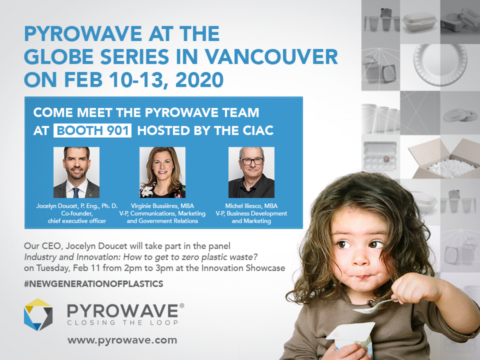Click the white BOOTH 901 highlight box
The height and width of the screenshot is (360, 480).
coord(93,131)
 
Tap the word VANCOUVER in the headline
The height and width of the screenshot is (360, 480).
coord(271,57)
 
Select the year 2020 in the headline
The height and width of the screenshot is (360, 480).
coord(199,80)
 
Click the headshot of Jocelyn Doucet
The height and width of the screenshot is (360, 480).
coord(76,172)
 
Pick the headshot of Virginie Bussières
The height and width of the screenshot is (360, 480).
coord(162,172)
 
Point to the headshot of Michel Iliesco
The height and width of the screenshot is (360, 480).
coord(252,172)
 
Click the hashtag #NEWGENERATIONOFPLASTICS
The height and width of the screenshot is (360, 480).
coord(94,284)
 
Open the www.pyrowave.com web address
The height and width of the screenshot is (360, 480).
coord(122,340)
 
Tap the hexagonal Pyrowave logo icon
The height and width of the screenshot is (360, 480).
coord(38,315)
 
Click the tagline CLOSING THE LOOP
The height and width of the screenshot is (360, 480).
coord(123,323)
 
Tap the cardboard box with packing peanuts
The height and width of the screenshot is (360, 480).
coord(444,159)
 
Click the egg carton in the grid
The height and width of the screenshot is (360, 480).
coord(380,156)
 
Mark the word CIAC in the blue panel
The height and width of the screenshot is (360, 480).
coord(258,131)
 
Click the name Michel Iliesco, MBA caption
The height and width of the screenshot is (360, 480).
coord(252,206)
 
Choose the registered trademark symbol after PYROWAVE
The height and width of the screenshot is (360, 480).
coord(182,305)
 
